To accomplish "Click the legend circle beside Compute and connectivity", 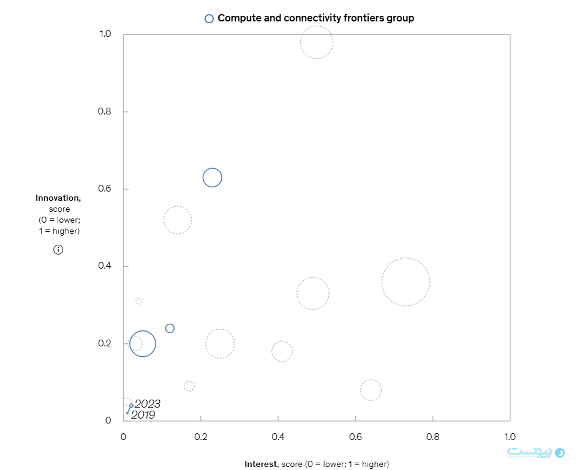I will point(209,18).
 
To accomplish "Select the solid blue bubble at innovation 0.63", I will point(212,177).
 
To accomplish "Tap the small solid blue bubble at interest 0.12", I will point(170,328).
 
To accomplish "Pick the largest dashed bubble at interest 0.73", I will point(405,282).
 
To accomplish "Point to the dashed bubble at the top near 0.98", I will point(317,42).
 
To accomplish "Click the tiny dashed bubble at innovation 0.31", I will point(139,301).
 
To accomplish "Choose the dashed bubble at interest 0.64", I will point(371,390).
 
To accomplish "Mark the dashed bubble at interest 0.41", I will point(282,351).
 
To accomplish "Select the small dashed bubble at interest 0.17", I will point(189,386).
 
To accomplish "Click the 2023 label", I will point(147,404).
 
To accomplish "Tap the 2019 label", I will point(143,415).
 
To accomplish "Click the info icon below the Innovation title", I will point(58,250).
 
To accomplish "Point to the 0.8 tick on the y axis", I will point(105,111).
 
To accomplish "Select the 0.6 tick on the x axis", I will point(355,437).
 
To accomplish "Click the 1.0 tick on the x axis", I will point(510,437).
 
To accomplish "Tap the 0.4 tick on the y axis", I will point(105,266).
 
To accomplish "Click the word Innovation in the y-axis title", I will point(58,198).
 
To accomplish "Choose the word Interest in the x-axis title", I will point(260,464).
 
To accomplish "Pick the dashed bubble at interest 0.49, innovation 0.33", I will point(313,293).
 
